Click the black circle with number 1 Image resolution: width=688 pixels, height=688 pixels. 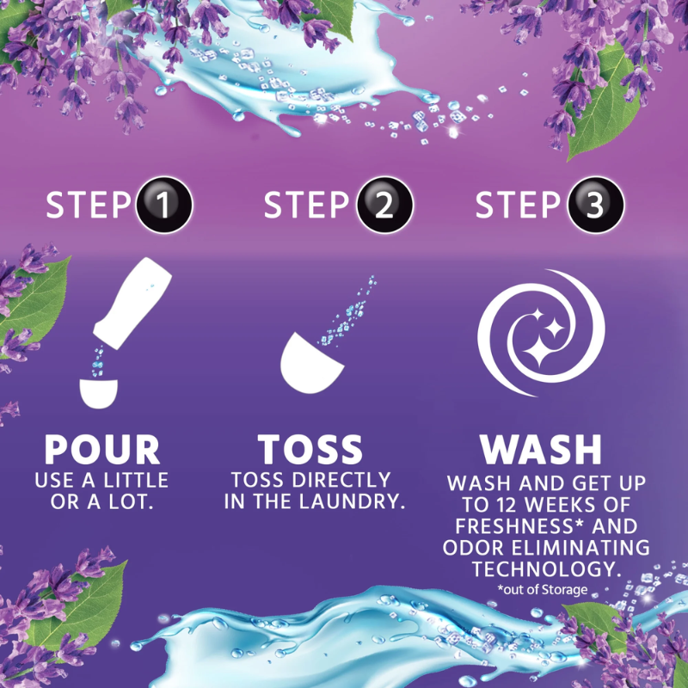tap(164, 205)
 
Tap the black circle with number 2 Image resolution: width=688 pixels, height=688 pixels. tap(384, 205)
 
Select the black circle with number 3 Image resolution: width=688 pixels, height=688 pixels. tap(595, 205)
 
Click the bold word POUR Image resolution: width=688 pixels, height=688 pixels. tap(102, 449)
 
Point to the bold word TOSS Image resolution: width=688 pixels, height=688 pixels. tap(310, 449)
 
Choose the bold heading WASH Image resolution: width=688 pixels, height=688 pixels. tap(541, 449)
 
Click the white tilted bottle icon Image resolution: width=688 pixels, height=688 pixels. tap(132, 304)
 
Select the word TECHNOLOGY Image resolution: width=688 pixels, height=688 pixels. tap(547, 569)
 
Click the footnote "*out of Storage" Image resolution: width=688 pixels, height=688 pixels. tap(543, 589)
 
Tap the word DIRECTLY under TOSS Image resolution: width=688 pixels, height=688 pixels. tap(341, 480)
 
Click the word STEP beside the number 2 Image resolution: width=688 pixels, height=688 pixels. tap(307, 205)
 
